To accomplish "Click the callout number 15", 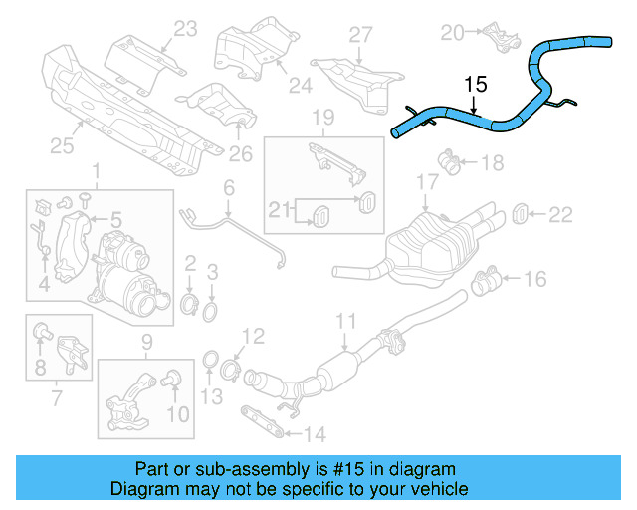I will coord(476,85).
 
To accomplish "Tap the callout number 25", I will coord(62,146).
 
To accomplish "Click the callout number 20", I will coord(453,33).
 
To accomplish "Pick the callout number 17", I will coord(427,183).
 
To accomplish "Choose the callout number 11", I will coord(345,320).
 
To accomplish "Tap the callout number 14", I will coord(315,433).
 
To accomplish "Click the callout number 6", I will coord(228,186).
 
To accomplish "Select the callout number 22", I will coord(562,213).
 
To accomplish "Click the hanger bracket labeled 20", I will coord(501,40).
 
